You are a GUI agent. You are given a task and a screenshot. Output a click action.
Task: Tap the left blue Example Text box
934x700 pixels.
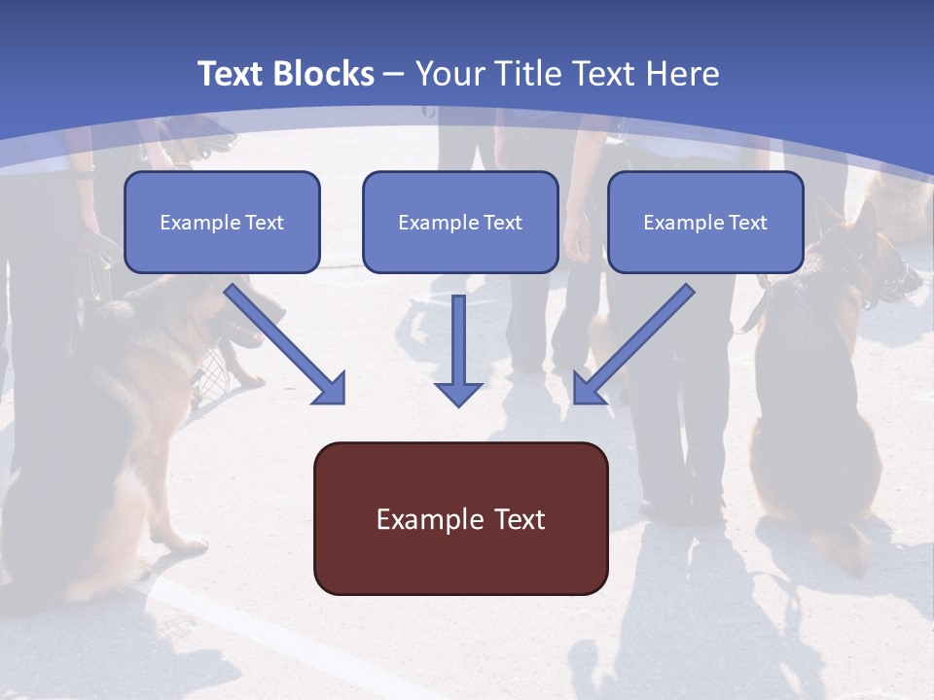[222, 222]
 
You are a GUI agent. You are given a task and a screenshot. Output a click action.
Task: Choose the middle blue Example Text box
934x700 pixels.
[460, 222]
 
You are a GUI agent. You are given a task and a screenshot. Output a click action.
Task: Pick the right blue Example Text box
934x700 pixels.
[705, 222]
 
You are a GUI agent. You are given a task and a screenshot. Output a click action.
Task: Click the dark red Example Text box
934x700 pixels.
[460, 518]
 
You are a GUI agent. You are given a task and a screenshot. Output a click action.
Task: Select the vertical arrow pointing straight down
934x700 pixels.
[458, 350]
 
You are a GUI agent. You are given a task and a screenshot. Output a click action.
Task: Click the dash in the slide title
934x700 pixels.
[394, 74]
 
